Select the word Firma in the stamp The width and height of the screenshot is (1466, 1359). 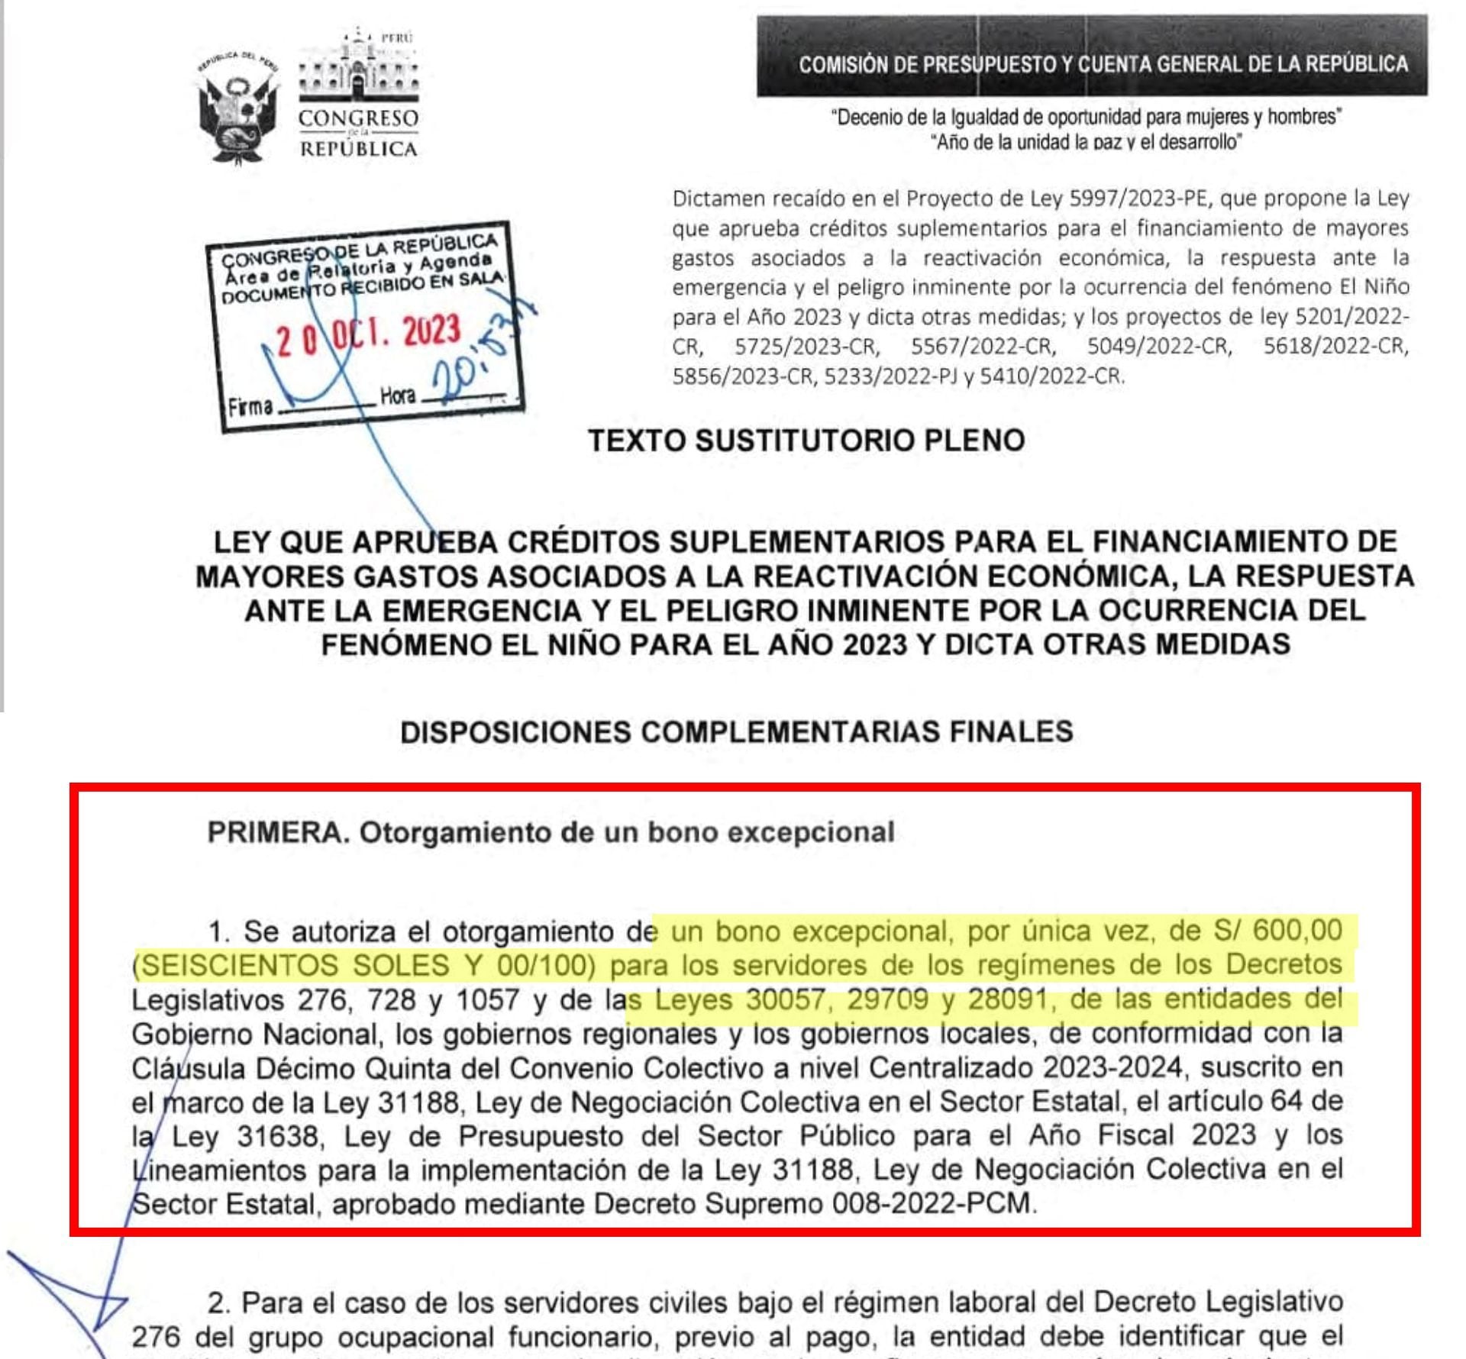click(x=250, y=406)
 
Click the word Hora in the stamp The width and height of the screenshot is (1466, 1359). click(x=398, y=396)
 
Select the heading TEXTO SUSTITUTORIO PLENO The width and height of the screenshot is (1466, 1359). click(x=806, y=441)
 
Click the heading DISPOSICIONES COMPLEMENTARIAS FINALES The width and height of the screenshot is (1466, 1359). click(x=737, y=732)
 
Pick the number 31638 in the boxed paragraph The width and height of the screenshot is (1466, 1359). click(x=277, y=1136)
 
